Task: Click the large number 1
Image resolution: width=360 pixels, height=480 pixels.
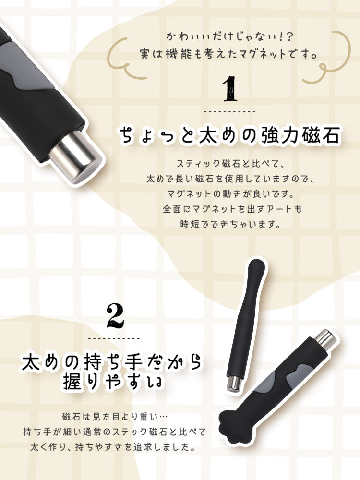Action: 229,89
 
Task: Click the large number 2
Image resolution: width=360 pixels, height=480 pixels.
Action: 115,315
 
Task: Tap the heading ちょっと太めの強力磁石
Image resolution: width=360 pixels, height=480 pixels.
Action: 229,135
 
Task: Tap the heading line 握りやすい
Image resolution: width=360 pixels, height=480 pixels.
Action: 113,384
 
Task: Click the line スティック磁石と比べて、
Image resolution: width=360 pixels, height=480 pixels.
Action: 229,163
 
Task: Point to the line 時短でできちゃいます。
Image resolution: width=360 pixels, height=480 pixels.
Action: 229,224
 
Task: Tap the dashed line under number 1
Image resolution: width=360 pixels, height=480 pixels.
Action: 229,111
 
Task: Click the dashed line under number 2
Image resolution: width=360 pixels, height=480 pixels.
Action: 115,338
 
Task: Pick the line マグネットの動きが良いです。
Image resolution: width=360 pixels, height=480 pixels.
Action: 229,193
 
